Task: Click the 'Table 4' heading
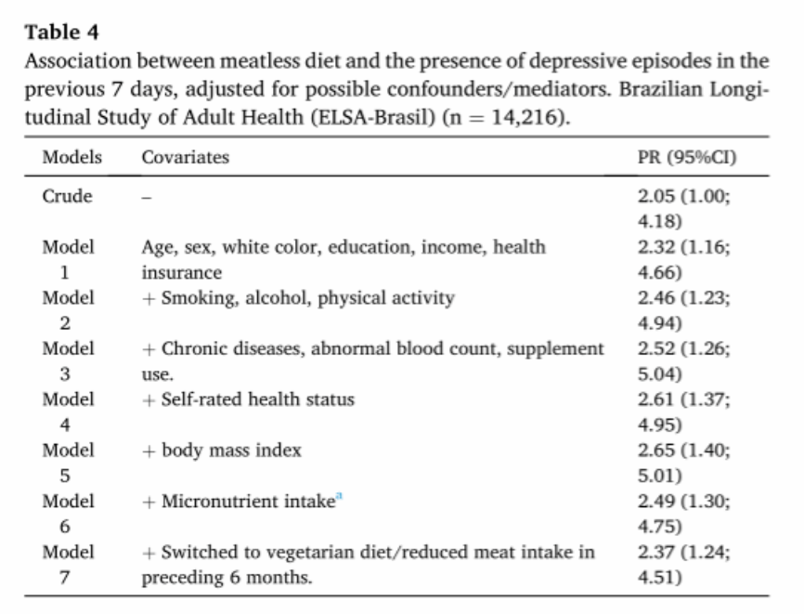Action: tap(61, 33)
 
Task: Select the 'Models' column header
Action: tap(72, 157)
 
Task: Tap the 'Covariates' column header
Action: tap(185, 157)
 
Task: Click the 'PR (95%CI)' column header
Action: tap(687, 157)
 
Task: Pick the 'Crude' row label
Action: tap(67, 196)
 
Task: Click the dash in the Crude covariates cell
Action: tap(147, 198)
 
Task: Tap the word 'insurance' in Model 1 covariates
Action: tap(182, 272)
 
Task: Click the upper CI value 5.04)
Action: tap(660, 374)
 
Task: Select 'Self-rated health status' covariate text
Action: tap(257, 399)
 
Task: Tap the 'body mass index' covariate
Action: tap(231, 451)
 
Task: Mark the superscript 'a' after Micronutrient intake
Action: tap(339, 496)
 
